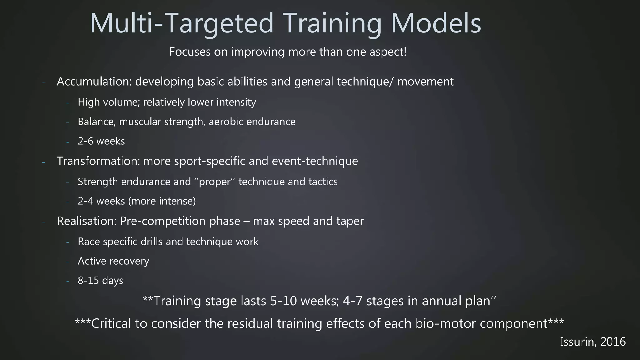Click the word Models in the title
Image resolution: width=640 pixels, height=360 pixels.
click(436, 23)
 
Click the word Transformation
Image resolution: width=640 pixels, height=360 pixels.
click(98, 161)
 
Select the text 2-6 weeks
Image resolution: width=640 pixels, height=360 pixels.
click(101, 141)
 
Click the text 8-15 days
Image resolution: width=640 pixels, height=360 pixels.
click(100, 280)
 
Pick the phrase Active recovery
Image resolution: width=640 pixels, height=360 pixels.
click(113, 261)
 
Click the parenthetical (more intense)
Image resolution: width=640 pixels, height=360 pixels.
click(162, 201)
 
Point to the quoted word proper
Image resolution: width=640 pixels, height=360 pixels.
click(214, 182)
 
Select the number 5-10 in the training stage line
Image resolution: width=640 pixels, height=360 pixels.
click(285, 301)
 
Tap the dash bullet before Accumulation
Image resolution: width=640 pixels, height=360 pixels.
click(44, 82)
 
